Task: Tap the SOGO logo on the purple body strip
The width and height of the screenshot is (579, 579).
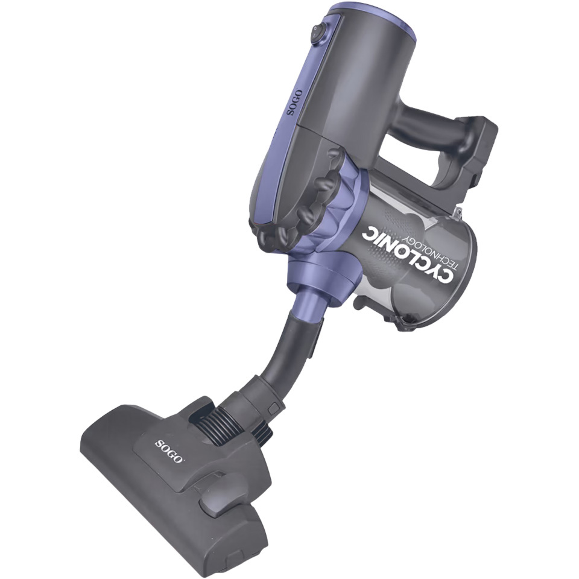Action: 296,103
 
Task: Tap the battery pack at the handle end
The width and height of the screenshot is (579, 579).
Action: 476,151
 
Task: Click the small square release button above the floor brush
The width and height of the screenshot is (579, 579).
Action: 274,409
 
